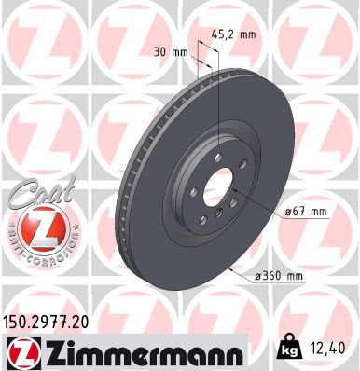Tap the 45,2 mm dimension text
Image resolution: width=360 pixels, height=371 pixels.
tap(233, 35)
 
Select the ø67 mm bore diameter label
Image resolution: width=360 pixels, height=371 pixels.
tap(306, 212)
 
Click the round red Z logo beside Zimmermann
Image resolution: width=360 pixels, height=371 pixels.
tap(20, 351)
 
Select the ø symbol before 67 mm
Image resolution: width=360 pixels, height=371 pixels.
tap(287, 212)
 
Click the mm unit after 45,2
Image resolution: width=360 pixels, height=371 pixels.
tap(247, 35)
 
